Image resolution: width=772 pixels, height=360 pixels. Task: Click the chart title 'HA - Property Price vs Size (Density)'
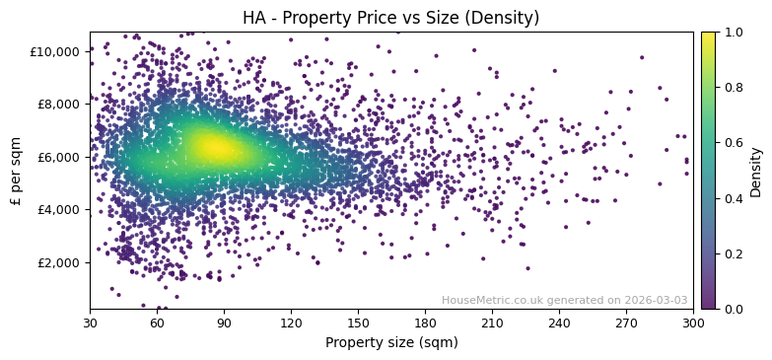(x=391, y=18)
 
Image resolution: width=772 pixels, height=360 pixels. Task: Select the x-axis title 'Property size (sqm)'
(x=391, y=343)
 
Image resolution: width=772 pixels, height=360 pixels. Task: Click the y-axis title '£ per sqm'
(x=16, y=171)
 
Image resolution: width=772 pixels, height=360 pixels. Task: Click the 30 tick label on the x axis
(x=90, y=324)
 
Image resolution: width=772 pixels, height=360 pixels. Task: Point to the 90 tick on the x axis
(x=224, y=324)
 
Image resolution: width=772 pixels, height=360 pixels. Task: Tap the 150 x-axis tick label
(x=358, y=324)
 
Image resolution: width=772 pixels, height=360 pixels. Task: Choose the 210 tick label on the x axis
(x=492, y=324)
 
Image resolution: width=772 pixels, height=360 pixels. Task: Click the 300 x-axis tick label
(x=693, y=324)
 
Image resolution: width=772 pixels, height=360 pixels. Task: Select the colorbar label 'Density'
(x=756, y=171)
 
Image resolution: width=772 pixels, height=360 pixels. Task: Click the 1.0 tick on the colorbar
(x=734, y=32)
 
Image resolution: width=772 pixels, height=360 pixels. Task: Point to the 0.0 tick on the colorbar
(x=734, y=309)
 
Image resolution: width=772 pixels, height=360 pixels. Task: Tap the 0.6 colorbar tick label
(x=734, y=143)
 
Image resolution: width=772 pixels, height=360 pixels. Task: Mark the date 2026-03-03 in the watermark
(x=658, y=301)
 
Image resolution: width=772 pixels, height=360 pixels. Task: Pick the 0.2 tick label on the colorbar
(x=734, y=253)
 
